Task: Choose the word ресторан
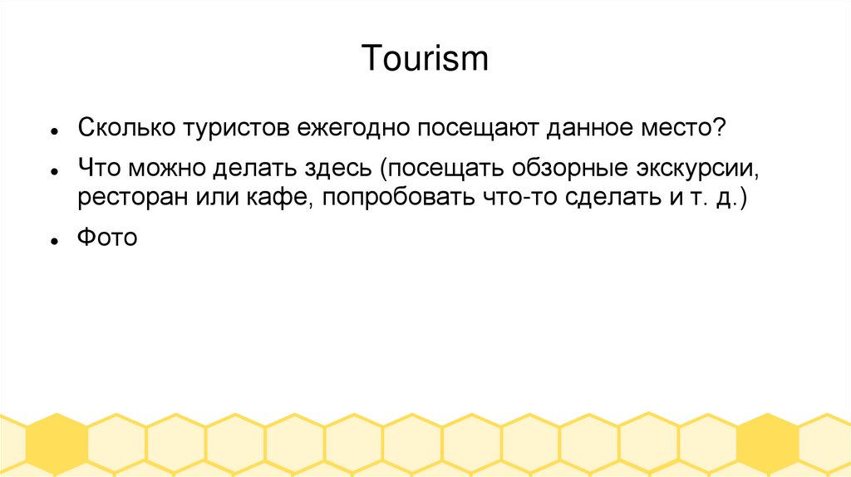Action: pos(126,200)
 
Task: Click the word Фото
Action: pos(106,238)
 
